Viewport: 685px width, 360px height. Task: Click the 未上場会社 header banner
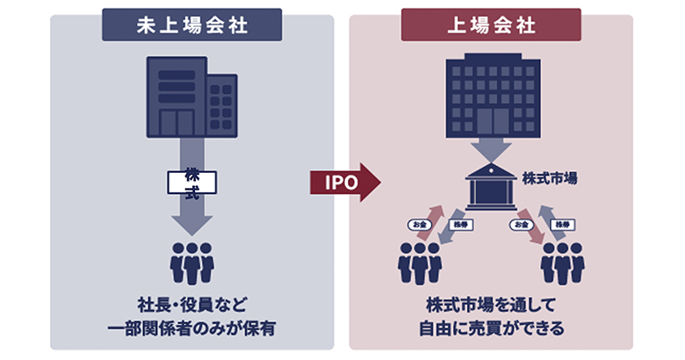[x=192, y=25]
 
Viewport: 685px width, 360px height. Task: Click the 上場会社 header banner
[x=491, y=25]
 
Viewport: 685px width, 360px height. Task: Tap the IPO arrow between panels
[x=344, y=182]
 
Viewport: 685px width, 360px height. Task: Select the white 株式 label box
[x=191, y=182]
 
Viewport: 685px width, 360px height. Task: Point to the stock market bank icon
[x=491, y=186]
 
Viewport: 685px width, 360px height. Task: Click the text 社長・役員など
[x=191, y=306]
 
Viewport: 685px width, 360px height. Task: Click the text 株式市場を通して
[x=491, y=306]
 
